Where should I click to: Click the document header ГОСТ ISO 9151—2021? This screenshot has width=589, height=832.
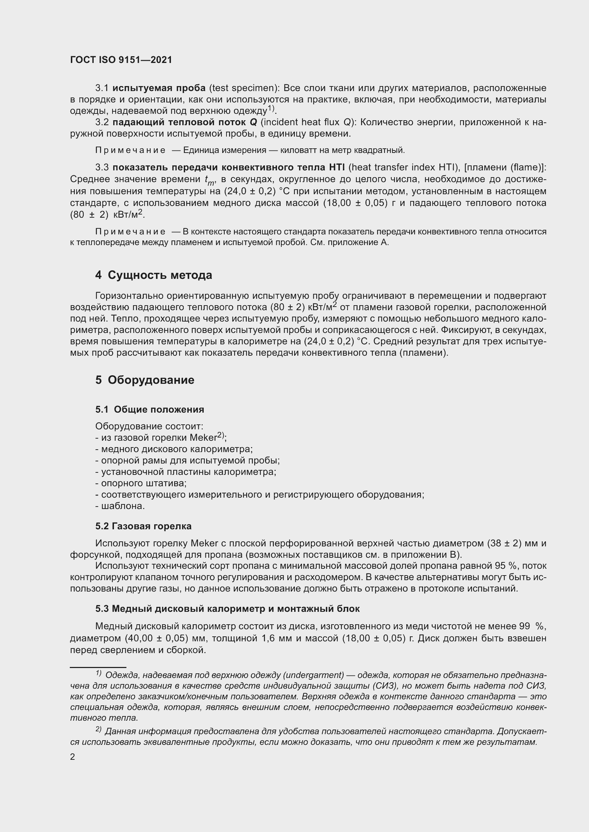(121, 60)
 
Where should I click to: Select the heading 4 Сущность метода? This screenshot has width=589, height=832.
(153, 275)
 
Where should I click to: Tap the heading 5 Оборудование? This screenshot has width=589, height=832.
(145, 380)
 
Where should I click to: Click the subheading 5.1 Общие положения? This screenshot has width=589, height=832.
(150, 409)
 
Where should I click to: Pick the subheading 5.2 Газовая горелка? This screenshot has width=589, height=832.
(143, 526)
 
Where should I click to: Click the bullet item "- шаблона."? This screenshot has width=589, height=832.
(120, 506)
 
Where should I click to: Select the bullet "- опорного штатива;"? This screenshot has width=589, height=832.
(141, 483)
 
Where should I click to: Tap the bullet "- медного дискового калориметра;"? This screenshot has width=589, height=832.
(174, 449)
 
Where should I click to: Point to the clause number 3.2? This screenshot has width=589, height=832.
(102, 122)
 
